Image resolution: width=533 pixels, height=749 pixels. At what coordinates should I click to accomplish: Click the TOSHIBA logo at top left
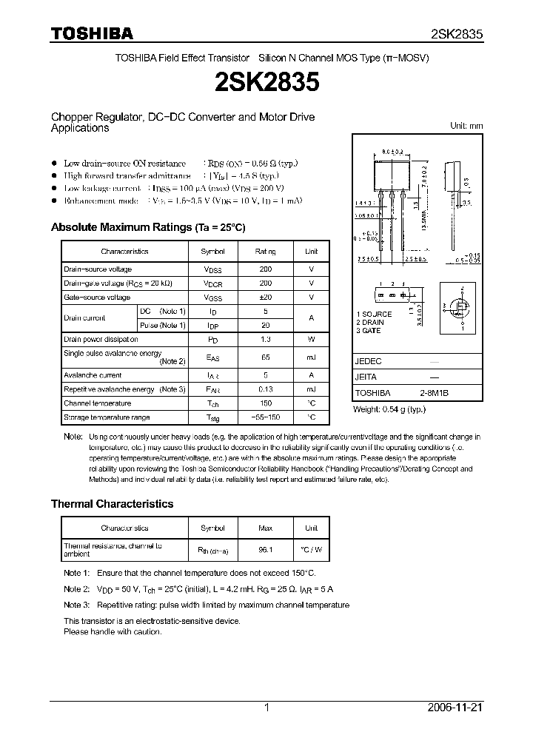tap(92, 34)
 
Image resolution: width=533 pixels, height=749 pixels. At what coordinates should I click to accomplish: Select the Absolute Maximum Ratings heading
tap(147, 227)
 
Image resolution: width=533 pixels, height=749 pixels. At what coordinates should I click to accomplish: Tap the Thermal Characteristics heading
tap(112, 503)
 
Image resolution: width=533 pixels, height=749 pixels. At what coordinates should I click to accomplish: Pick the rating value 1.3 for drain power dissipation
tap(266, 339)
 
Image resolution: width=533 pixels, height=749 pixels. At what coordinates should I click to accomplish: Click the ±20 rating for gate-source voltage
tap(266, 297)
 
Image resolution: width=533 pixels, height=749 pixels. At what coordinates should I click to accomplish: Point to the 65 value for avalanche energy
tap(266, 357)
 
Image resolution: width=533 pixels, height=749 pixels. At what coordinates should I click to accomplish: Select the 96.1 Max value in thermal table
tap(266, 550)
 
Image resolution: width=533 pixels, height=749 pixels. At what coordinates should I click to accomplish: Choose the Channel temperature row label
tap(97, 403)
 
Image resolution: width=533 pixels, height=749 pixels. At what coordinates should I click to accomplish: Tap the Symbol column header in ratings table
tap(213, 252)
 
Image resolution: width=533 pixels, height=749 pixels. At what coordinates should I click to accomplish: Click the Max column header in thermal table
tap(266, 528)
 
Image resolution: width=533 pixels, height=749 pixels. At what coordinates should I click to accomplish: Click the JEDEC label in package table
tap(369, 361)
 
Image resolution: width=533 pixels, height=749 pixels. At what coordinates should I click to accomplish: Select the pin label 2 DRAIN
tap(369, 322)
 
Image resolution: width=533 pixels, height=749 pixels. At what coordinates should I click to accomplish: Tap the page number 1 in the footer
tap(266, 708)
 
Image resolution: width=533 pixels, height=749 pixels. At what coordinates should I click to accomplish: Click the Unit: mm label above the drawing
tap(466, 126)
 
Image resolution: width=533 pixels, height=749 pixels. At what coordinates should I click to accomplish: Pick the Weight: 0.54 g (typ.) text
tap(389, 409)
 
